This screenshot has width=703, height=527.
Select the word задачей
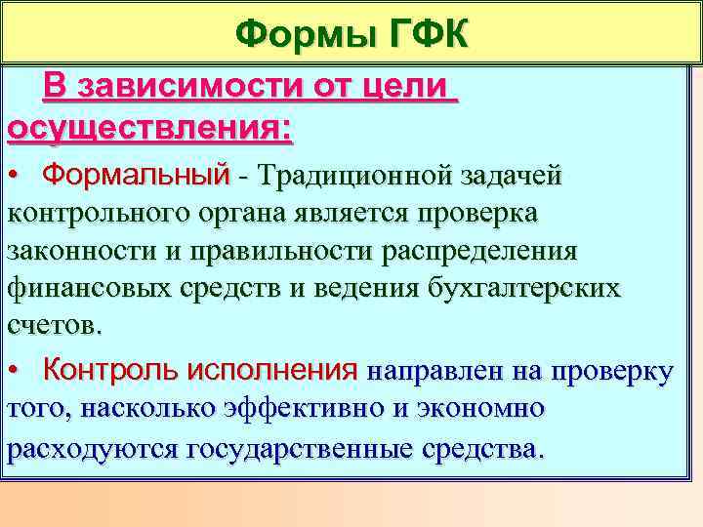(517, 176)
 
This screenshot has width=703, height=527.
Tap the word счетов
(53, 324)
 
